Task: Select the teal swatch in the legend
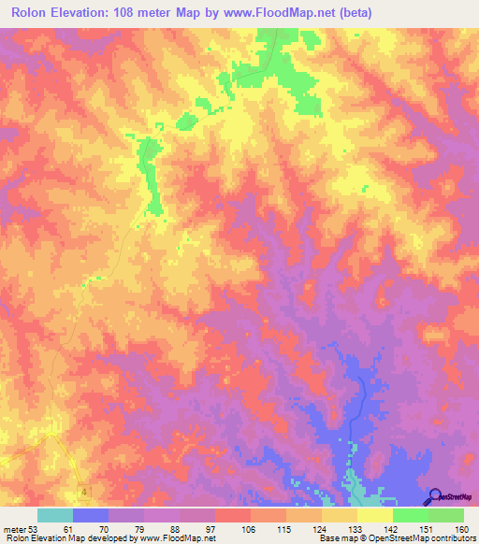[55, 515]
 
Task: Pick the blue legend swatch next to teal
[91, 515]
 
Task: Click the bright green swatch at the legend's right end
[446, 515]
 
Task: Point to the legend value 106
[223, 528]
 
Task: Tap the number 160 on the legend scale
[459, 528]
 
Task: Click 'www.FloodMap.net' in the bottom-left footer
[178, 538]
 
